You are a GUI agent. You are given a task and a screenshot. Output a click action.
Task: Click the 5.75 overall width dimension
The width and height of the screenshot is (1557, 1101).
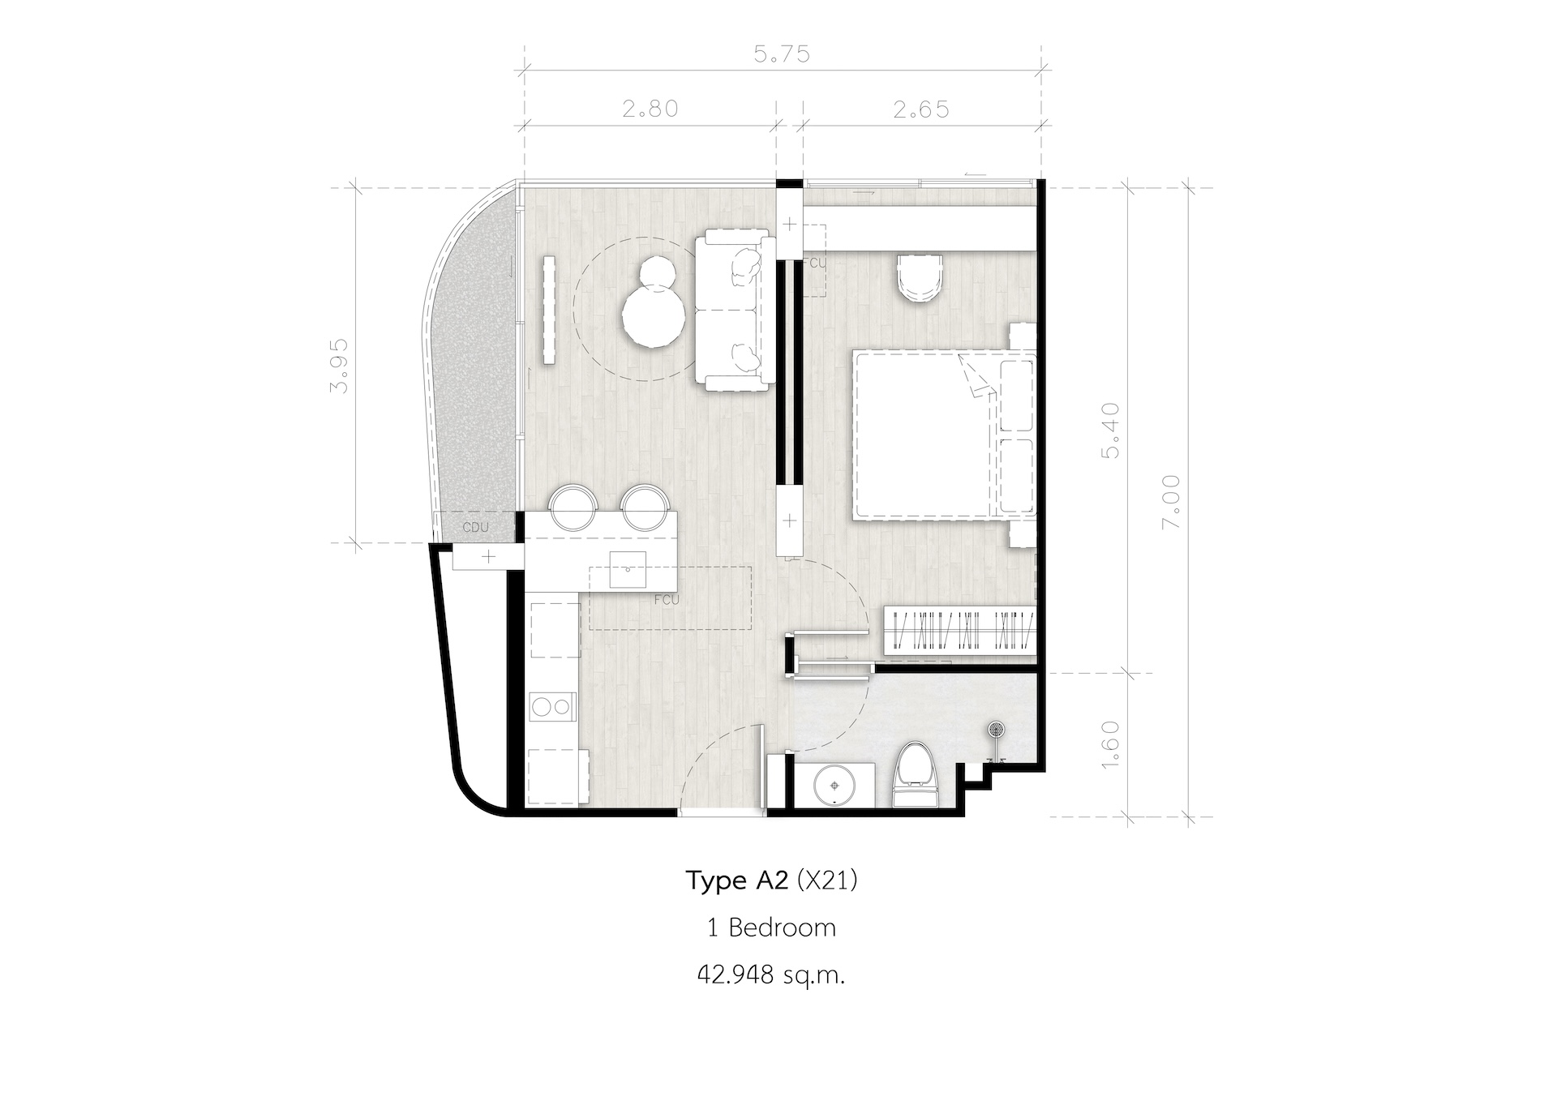[782, 54]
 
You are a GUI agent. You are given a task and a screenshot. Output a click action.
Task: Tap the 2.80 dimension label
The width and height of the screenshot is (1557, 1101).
[650, 108]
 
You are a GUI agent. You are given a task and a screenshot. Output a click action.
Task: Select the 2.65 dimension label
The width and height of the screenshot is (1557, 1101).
[921, 108]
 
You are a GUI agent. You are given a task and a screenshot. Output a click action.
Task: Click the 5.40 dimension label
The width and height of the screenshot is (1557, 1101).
[1110, 430]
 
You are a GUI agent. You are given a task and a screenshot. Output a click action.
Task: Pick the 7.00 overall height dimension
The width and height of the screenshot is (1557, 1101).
[1172, 502]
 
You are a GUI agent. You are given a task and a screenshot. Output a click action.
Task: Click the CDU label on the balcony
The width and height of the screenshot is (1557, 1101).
[475, 527]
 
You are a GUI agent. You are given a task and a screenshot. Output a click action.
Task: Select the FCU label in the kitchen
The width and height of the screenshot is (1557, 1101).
[666, 601]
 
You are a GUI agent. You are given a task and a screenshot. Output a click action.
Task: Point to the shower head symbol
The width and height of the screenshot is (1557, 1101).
[996, 730]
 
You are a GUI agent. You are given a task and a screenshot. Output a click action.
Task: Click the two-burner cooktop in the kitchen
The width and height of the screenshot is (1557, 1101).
[551, 707]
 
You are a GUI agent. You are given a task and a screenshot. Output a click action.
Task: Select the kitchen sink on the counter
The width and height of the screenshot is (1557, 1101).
[628, 569]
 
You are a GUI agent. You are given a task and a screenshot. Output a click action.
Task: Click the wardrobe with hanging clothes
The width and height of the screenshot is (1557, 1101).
[959, 629]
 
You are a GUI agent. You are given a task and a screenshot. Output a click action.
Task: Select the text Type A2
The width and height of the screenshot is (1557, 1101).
[737, 880]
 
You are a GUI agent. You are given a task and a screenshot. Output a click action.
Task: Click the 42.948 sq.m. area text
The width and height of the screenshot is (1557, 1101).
[771, 975]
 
